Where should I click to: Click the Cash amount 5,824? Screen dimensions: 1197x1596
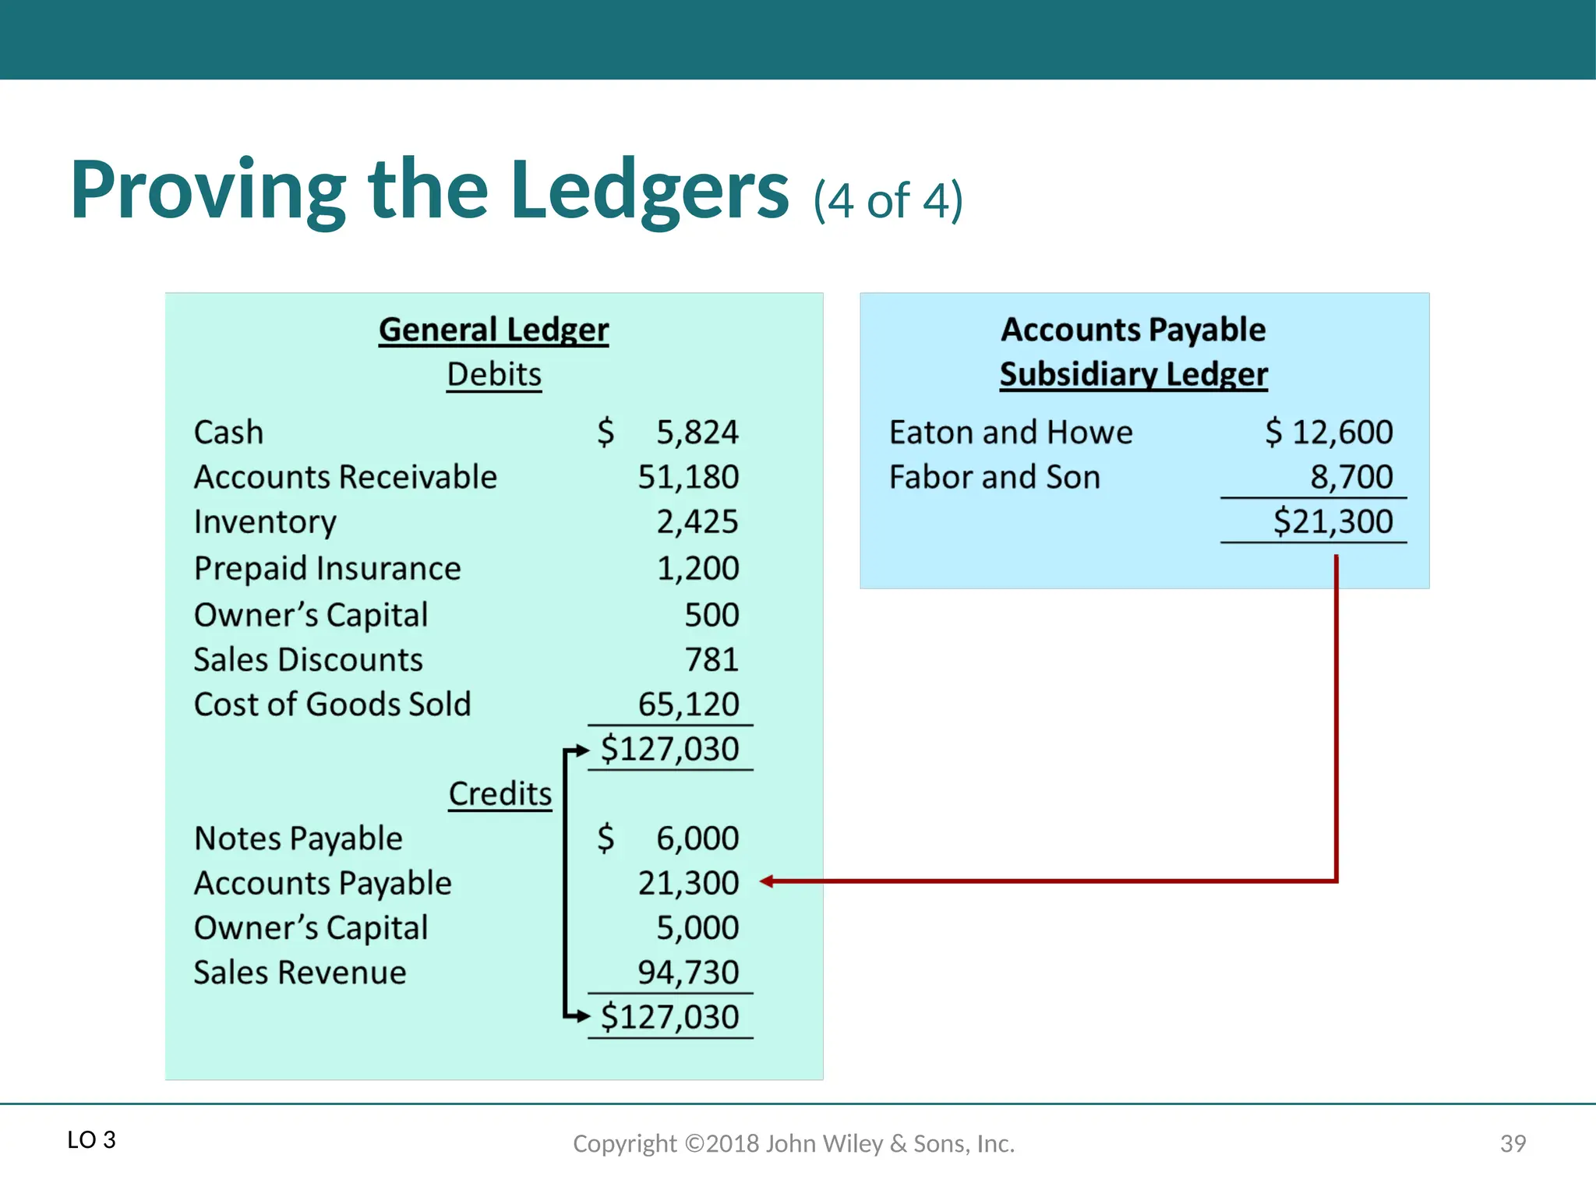[697, 433]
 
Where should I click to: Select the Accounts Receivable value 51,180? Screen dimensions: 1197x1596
[688, 477]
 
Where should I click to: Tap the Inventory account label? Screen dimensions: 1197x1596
[265, 522]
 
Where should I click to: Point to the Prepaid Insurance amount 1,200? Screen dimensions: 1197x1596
[697, 568]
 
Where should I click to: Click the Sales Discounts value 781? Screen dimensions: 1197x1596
[711, 660]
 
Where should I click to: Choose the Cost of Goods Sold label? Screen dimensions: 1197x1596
[332, 704]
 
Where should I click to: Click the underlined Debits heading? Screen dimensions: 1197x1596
[494, 375]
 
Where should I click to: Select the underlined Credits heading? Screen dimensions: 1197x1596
[500, 794]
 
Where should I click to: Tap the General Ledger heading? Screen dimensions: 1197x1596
[493, 330]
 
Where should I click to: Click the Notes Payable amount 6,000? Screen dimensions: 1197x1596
[697, 839]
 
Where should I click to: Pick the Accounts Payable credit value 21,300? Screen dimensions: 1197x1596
[688, 883]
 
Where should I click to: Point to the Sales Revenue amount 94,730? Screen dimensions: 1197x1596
[688, 973]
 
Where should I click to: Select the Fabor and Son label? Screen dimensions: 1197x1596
[994, 477]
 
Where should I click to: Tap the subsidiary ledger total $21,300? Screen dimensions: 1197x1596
[1333, 521]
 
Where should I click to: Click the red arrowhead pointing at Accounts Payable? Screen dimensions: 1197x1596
[768, 881]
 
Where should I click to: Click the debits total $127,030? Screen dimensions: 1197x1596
[669, 749]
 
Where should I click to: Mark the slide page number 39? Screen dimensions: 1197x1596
[1513, 1143]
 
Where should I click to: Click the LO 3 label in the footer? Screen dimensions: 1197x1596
[91, 1140]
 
